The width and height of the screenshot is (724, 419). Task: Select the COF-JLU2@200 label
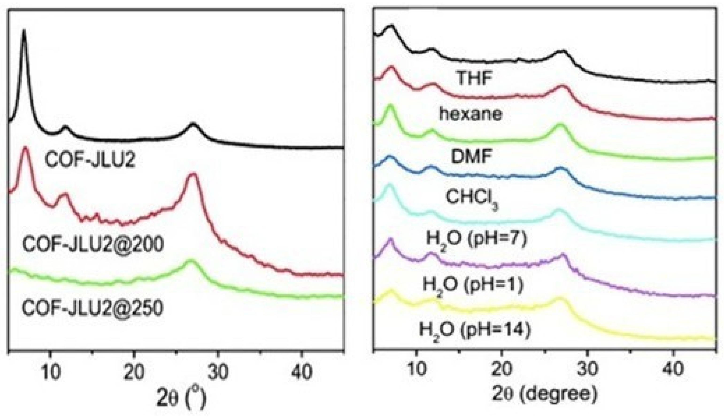click(x=93, y=245)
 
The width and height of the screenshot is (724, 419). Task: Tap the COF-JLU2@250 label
click(x=92, y=309)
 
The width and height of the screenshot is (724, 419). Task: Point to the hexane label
click(x=471, y=114)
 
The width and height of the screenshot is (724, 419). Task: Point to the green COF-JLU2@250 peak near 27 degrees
click(x=190, y=261)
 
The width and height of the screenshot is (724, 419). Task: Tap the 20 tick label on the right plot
click(x=501, y=369)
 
